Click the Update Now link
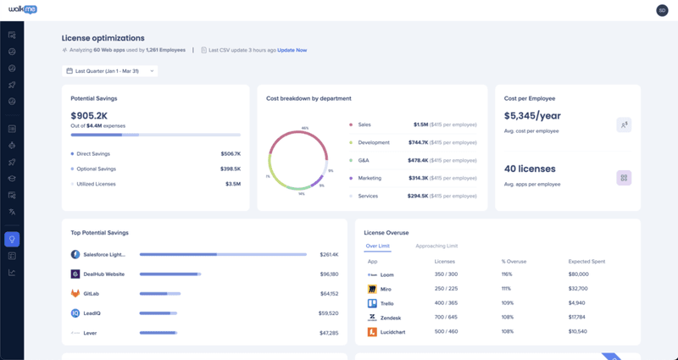pyautogui.click(x=292, y=50)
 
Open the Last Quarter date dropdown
pyautogui.click(x=109, y=71)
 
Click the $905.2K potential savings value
pyautogui.click(x=89, y=116)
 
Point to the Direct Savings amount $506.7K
pyautogui.click(x=231, y=154)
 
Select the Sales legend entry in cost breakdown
pyautogui.click(x=364, y=124)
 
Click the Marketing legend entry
pyautogui.click(x=370, y=178)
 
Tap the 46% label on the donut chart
pyautogui.click(x=304, y=129)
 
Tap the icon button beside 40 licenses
pyautogui.click(x=623, y=178)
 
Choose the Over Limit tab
pyautogui.click(x=377, y=246)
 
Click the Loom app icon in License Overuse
pyautogui.click(x=372, y=275)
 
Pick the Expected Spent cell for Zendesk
pyautogui.click(x=579, y=318)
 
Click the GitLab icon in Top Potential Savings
pyautogui.click(x=75, y=293)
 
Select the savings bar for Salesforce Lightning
pyautogui.click(x=223, y=254)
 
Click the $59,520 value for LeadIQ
pyautogui.click(x=329, y=313)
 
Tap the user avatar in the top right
pyautogui.click(x=662, y=10)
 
